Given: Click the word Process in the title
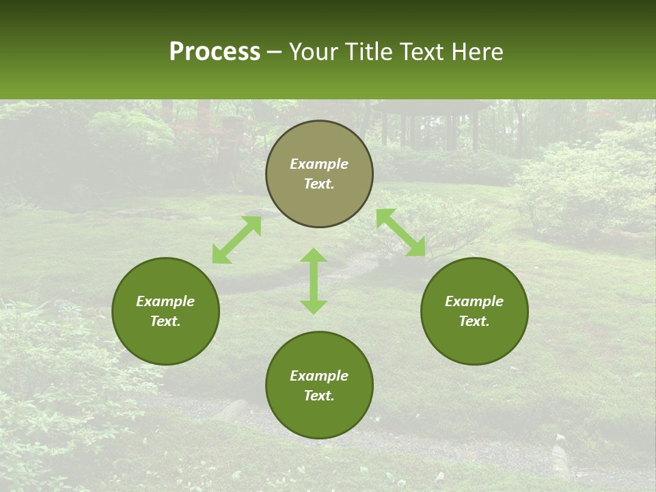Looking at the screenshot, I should point(215,52).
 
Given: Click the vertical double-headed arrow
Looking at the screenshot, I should point(314,281).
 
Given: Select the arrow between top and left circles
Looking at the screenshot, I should point(236,240).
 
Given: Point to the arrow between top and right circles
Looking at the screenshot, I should point(400,233).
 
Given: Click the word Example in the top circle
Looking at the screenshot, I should point(319,164).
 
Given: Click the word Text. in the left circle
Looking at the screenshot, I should point(165,321).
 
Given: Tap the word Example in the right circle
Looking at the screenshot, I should point(474,301).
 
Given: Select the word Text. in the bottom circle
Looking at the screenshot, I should point(319,396).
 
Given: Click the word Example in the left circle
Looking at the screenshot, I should point(165,301).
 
